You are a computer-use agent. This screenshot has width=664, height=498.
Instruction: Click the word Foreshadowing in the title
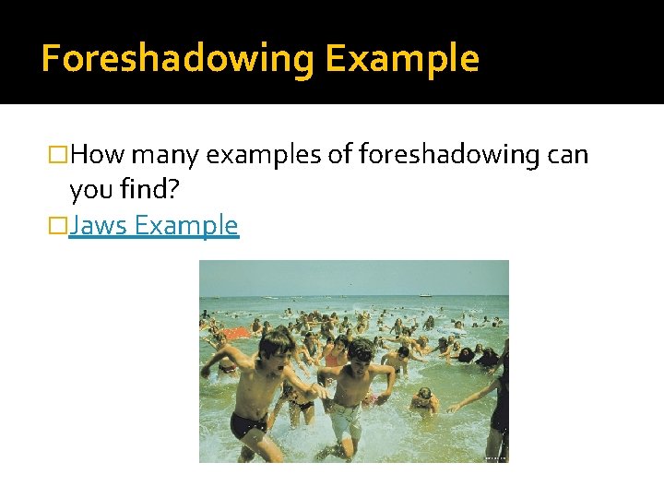[x=177, y=59]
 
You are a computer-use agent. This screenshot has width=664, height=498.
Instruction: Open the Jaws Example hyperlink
[x=153, y=225]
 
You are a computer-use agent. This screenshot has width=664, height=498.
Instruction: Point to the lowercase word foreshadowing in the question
[x=433, y=155]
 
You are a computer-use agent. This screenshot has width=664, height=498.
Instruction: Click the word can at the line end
[x=566, y=155]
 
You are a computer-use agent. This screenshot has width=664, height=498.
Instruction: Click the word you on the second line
[x=89, y=190]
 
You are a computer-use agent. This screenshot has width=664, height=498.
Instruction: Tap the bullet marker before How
[x=61, y=156]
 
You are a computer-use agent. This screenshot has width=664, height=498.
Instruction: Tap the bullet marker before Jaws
[x=61, y=226]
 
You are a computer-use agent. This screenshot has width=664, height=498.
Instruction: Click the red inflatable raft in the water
[x=237, y=332]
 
